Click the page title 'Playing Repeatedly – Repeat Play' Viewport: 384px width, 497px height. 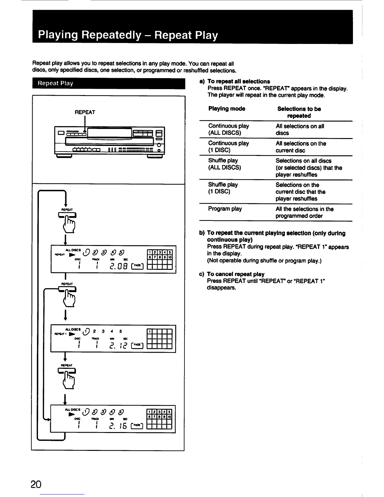[128, 35]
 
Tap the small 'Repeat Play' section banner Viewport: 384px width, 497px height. [55, 83]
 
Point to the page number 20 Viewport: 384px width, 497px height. [36, 484]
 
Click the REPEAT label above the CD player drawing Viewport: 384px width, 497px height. [85, 112]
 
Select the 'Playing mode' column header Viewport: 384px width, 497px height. [227, 109]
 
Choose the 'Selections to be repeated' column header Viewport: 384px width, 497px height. [299, 112]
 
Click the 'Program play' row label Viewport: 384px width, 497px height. [225, 209]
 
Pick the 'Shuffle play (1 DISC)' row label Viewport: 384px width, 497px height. [223, 188]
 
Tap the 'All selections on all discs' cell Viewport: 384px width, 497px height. [300, 130]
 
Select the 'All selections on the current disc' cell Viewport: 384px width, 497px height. [301, 147]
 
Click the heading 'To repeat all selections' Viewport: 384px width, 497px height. [238, 81]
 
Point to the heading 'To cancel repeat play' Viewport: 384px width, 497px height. [236, 274]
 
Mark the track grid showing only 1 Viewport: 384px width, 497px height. [160, 338]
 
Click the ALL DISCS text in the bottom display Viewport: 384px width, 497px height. [72, 409]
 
